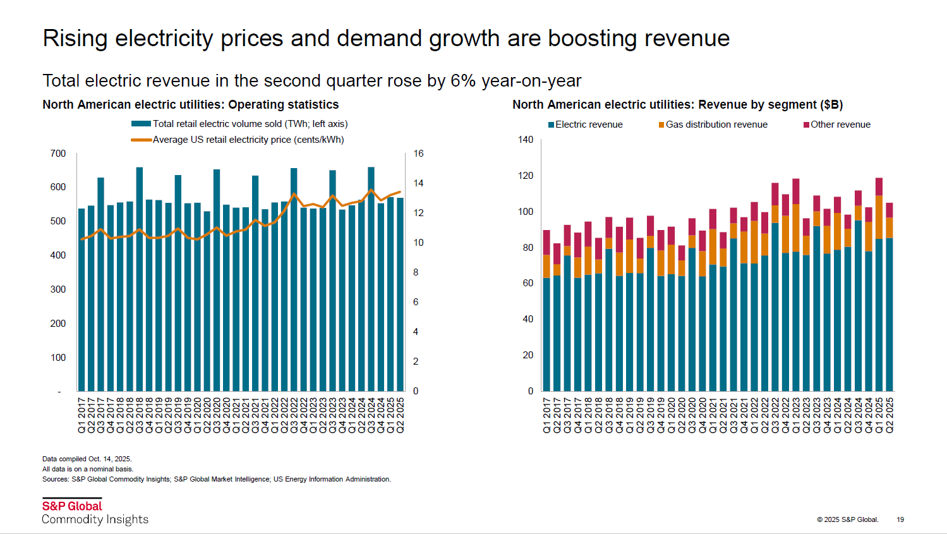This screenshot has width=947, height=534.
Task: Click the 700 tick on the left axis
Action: tap(58, 154)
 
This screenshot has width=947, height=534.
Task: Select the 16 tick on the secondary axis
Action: tap(418, 154)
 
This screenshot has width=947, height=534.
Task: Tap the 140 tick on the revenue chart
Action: tap(526, 140)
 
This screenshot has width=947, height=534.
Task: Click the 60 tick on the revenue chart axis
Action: tap(528, 283)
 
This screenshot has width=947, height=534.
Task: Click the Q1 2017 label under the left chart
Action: tap(81, 415)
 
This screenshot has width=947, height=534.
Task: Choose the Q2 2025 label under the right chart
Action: tap(890, 415)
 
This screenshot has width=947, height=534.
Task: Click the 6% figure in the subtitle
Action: tap(462, 81)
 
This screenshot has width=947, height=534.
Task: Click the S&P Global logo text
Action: tap(72, 506)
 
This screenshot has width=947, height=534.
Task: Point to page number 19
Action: tap(900, 519)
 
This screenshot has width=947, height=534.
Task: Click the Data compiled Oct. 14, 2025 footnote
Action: tap(87, 459)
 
